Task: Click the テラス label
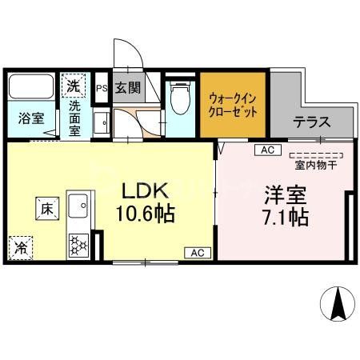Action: click(312, 123)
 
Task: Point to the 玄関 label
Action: click(127, 89)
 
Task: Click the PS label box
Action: click(102, 89)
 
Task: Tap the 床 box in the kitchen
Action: click(45, 209)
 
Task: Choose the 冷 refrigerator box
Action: click(21, 247)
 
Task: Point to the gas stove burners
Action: click(78, 242)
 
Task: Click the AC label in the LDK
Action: click(197, 253)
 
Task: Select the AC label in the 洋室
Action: click(266, 150)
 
